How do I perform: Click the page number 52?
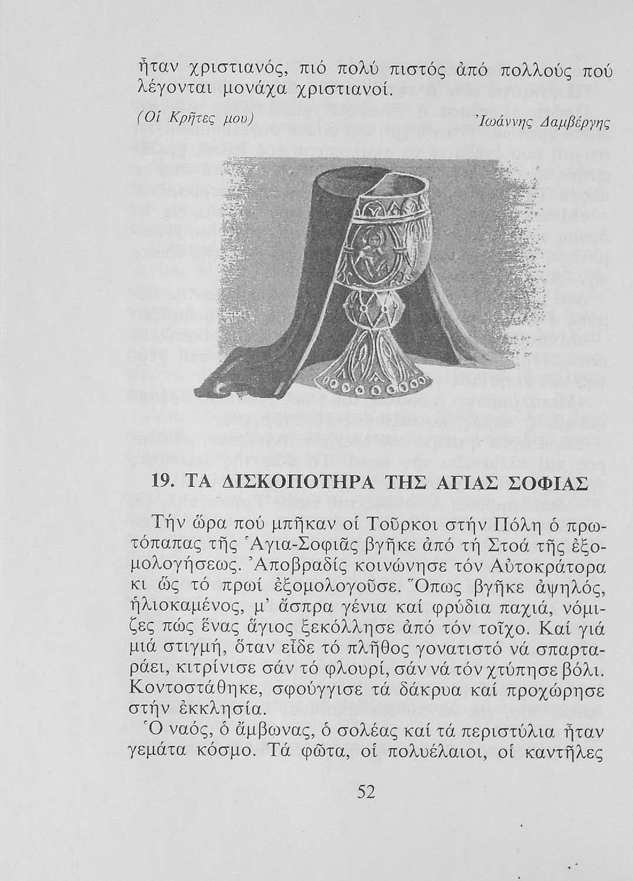366,792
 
